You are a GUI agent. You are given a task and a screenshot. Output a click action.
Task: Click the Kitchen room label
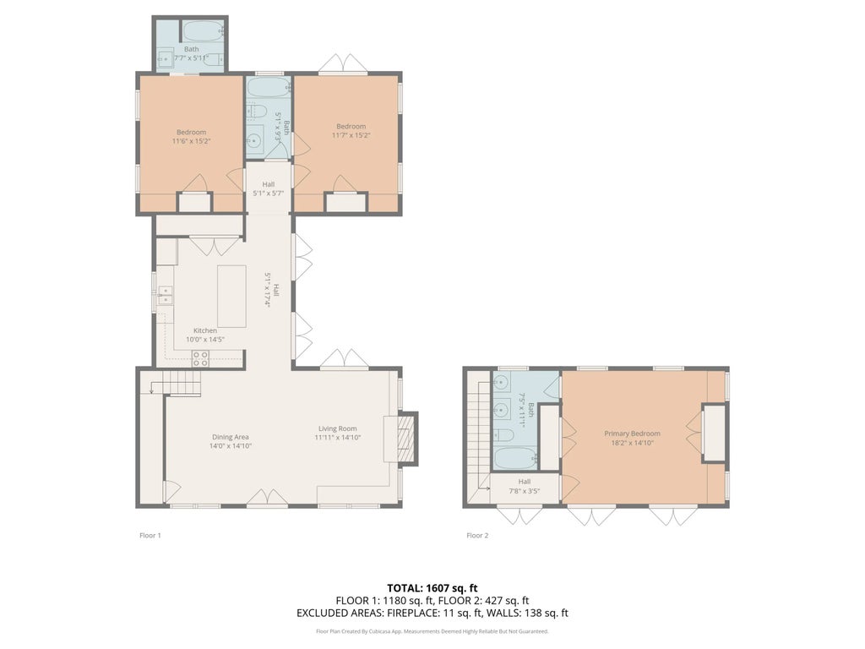click(x=204, y=330)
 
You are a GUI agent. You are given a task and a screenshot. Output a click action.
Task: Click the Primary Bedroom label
click(x=632, y=434)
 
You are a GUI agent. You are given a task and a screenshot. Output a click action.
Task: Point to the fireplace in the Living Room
click(x=402, y=438)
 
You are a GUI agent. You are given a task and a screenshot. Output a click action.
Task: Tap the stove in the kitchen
click(x=200, y=358)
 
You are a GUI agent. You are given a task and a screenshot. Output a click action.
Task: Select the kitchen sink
click(x=165, y=295)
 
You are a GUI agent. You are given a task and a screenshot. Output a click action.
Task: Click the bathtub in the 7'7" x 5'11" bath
click(x=202, y=32)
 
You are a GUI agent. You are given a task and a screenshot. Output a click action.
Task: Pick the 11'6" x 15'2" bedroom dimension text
click(x=192, y=142)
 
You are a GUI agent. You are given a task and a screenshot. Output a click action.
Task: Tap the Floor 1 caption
click(x=150, y=535)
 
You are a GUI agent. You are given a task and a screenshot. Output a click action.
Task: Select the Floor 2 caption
click(x=477, y=535)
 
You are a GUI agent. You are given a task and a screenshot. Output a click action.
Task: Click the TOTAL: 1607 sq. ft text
click(x=432, y=587)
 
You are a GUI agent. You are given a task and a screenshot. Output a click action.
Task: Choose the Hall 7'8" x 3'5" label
click(x=524, y=486)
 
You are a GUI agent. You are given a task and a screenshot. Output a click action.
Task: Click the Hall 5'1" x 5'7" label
click(x=268, y=188)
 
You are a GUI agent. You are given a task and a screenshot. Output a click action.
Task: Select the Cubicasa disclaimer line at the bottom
click(x=432, y=630)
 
